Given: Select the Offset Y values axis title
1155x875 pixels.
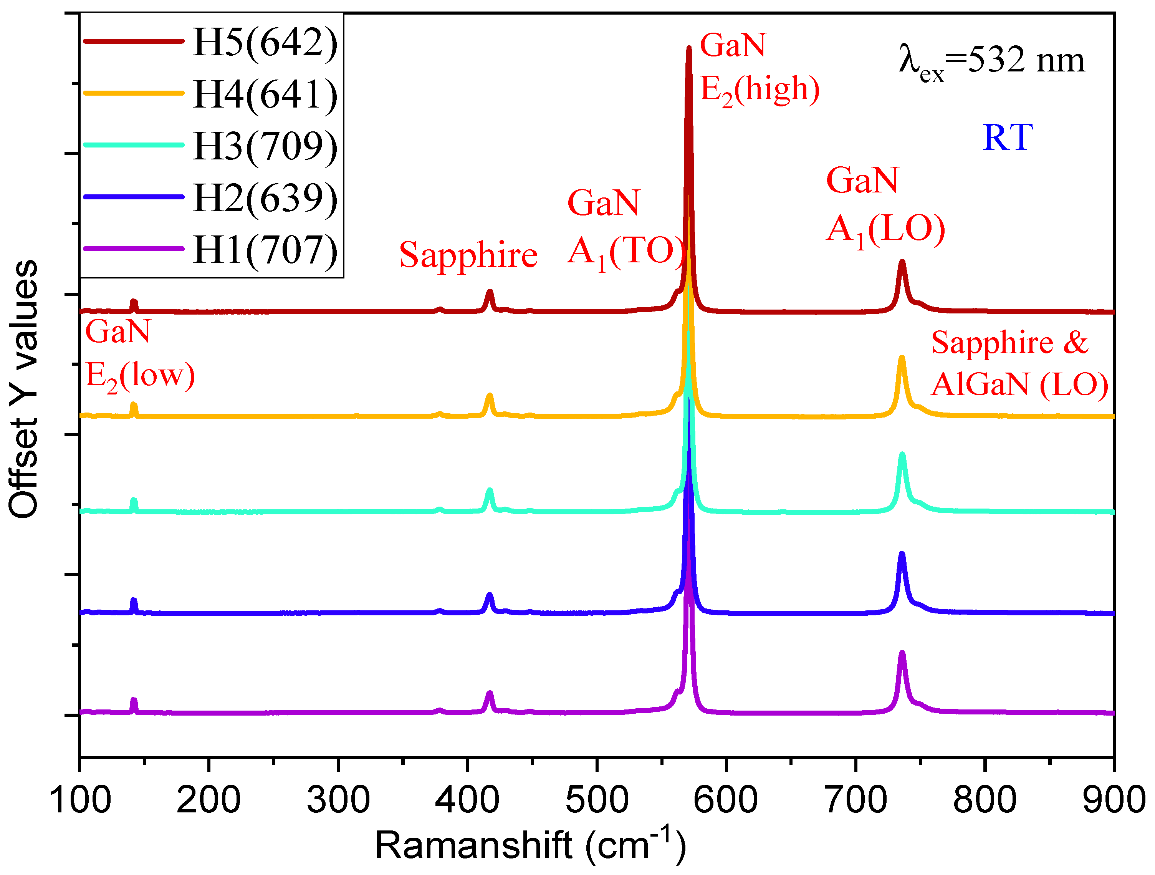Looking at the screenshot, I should (23, 389).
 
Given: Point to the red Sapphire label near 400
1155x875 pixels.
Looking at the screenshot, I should (468, 255).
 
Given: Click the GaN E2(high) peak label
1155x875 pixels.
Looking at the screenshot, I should (758, 68).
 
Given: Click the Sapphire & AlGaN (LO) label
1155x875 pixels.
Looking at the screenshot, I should (1019, 364).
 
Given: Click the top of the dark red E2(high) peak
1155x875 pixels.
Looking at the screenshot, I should (689, 50).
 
